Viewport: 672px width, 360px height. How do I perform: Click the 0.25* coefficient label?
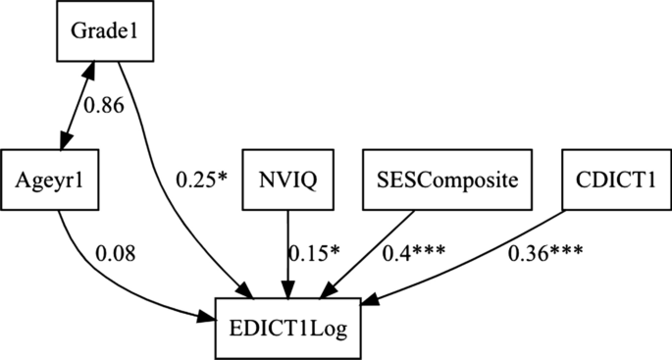[200, 180]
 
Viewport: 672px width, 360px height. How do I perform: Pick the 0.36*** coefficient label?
[545, 253]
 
